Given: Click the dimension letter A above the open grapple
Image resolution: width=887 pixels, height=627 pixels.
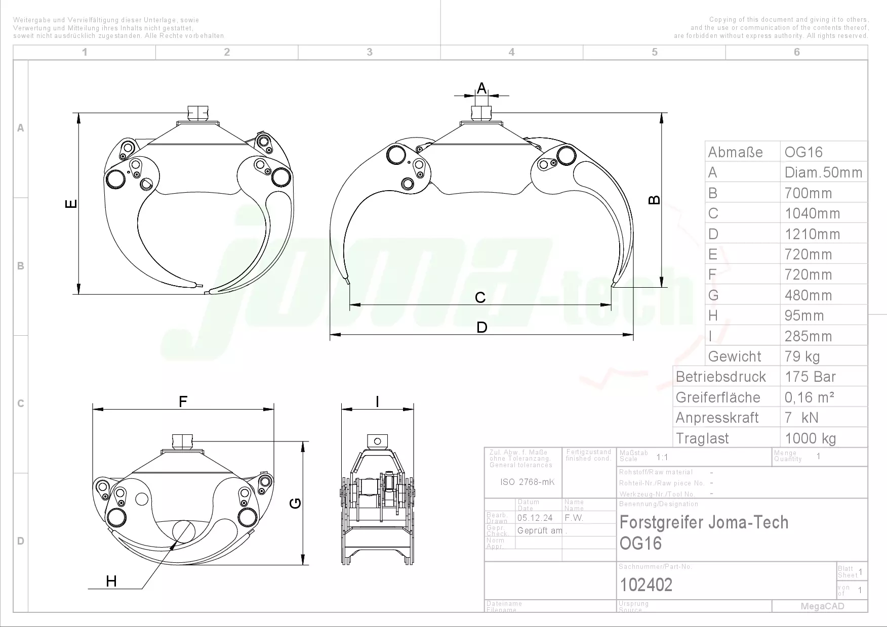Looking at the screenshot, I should pos(481,88).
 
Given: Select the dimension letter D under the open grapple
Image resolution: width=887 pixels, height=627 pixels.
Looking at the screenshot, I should pos(481,328).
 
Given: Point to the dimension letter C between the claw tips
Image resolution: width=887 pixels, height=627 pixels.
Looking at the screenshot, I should pos(480,298).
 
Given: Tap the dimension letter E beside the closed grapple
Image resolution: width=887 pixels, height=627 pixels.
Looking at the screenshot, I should pos(72,203).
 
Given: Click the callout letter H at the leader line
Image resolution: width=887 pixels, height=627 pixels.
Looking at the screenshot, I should pos(111,581).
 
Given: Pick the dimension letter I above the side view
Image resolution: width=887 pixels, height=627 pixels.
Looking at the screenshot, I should pos(377,402).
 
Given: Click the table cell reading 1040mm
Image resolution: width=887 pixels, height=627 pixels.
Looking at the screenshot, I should pos(812,213).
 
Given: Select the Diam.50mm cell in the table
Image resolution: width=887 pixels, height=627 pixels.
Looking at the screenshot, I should pos(823,172).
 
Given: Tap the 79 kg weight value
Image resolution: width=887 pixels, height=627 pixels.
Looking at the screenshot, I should pos(802,356).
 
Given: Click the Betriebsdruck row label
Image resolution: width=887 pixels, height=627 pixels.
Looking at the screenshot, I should pos(721,377).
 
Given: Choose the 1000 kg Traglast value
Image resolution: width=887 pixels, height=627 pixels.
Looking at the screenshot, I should pos(810,438).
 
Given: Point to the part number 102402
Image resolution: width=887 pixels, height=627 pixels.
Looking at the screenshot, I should pos(646,585).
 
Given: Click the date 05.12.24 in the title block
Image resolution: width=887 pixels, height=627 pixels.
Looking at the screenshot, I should pos(535,518).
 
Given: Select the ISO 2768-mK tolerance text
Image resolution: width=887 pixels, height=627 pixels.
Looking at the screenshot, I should pos(527,482).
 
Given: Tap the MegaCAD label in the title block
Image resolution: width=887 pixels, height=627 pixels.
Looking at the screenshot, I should pos(822,606).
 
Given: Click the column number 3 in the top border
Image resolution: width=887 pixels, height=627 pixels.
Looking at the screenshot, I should pos(370,52).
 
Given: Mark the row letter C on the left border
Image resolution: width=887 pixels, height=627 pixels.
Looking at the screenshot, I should pos(21,404).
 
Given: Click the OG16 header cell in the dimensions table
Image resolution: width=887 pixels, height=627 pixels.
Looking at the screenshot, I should pos(803,152).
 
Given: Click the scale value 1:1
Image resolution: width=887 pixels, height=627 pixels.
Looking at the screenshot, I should pos(662,457).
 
